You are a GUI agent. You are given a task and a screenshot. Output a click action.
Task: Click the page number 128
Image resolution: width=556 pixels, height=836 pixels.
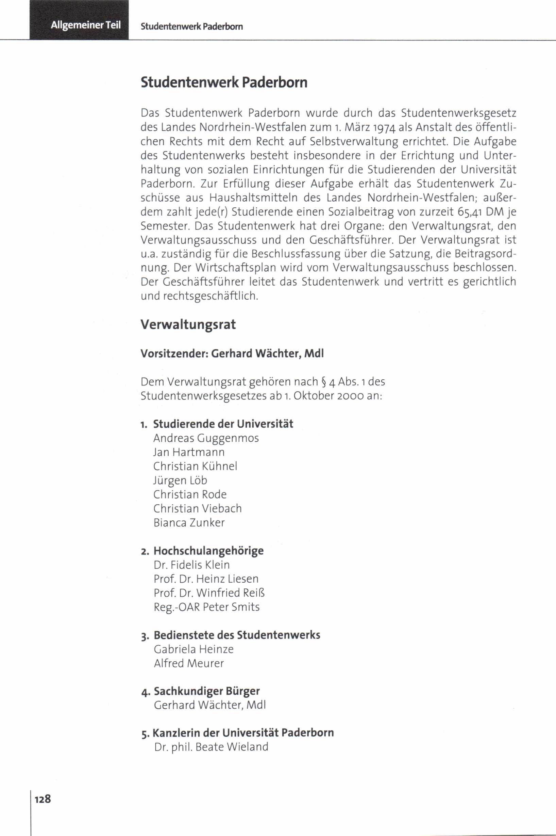coord(43,799)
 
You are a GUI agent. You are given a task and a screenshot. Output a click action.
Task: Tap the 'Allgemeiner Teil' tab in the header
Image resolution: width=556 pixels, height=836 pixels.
coord(85,25)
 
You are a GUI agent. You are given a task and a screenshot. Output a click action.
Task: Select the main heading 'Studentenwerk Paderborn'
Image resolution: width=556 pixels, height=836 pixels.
coord(224,82)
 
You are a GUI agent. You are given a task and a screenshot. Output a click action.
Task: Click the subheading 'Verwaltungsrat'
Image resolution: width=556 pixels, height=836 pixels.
coord(188,325)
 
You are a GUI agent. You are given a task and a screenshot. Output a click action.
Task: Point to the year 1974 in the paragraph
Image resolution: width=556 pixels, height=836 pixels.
coord(382,127)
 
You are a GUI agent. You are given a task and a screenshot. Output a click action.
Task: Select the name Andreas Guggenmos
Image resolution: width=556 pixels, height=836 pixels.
coord(206,438)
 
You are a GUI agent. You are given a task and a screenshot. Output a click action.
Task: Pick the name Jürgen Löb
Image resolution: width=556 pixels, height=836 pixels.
coord(180,480)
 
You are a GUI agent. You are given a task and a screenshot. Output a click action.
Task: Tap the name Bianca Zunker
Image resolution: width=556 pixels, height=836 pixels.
coord(189,523)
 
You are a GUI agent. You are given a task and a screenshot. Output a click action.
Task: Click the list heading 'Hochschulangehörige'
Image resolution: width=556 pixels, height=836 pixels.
coord(208,551)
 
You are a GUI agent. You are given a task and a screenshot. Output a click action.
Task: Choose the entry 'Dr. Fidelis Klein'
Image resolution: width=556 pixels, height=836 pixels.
coord(191,565)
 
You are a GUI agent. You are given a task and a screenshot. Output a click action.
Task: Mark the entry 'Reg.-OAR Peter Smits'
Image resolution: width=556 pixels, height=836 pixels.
coord(206,607)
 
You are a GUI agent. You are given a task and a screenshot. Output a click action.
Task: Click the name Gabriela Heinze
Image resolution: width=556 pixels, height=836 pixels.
coord(193,649)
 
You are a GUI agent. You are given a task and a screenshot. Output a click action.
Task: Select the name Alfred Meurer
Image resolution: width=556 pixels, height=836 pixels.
coord(189,663)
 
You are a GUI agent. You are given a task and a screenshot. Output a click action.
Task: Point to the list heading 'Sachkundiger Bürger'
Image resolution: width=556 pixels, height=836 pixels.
coord(207,691)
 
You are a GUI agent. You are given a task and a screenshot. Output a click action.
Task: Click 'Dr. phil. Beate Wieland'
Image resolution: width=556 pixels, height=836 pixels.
coord(211,747)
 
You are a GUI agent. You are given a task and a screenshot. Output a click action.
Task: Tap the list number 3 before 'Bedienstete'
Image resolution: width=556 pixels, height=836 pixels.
coord(144,636)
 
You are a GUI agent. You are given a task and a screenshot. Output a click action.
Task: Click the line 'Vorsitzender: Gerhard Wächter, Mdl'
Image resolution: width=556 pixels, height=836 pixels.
coord(232,353)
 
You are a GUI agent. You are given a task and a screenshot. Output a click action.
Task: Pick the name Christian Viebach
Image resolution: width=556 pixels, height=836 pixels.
coord(198,508)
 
